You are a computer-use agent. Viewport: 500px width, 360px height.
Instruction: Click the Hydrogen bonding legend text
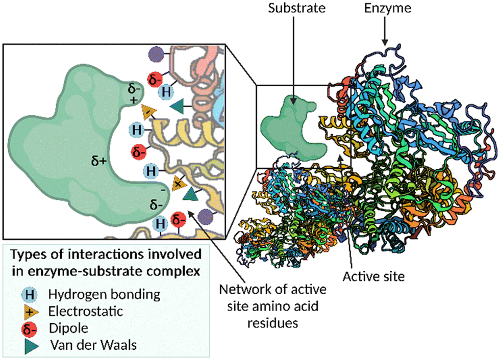pos(104,294)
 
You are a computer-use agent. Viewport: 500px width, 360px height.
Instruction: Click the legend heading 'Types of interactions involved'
pos(106,254)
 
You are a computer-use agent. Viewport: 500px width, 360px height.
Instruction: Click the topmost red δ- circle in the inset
pos(154,80)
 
